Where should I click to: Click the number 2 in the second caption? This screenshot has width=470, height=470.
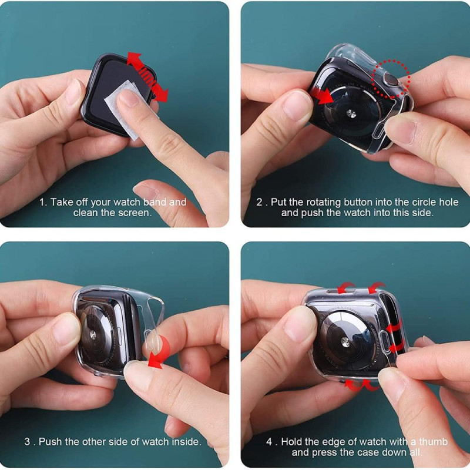259,202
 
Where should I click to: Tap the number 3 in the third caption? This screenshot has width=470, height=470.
27,442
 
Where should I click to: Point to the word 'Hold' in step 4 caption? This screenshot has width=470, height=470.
292,442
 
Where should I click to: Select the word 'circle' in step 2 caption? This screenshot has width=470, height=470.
423,202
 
